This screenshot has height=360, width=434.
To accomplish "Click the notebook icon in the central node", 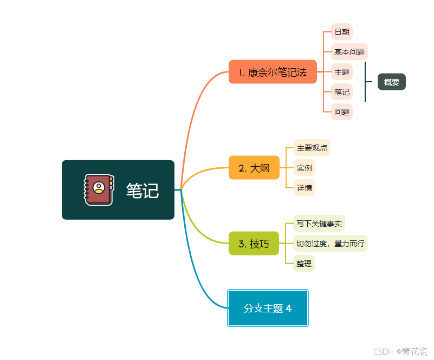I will (x=99, y=189).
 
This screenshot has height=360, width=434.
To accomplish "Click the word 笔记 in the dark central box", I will (x=142, y=191).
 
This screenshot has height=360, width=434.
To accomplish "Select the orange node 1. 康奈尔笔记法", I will (x=273, y=72).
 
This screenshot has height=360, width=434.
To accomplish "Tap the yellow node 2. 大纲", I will (x=254, y=168).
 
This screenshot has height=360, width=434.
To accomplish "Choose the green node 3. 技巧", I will (x=254, y=244).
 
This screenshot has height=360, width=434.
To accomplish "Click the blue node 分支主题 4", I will (x=268, y=308).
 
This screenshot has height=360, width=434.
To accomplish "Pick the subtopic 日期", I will (x=342, y=32).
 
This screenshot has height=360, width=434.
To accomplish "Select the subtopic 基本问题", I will (x=349, y=52).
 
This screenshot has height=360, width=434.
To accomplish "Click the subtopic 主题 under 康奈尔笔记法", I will (x=342, y=72).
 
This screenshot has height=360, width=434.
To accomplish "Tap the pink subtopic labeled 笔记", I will (x=342, y=91).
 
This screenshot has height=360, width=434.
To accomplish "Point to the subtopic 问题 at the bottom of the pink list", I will (x=342, y=112).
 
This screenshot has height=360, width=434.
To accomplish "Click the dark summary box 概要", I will (x=391, y=82).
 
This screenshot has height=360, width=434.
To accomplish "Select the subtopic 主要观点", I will (x=312, y=148).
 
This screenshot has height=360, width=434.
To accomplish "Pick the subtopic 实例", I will (x=304, y=167).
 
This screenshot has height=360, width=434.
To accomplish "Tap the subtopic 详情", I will (x=304, y=188).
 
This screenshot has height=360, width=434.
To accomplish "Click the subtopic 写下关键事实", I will (x=319, y=223).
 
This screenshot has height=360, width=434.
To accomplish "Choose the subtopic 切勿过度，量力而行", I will (x=331, y=244).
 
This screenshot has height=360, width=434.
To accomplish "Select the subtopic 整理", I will (x=304, y=264).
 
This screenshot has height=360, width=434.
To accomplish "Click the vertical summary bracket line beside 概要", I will (x=365, y=82).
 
